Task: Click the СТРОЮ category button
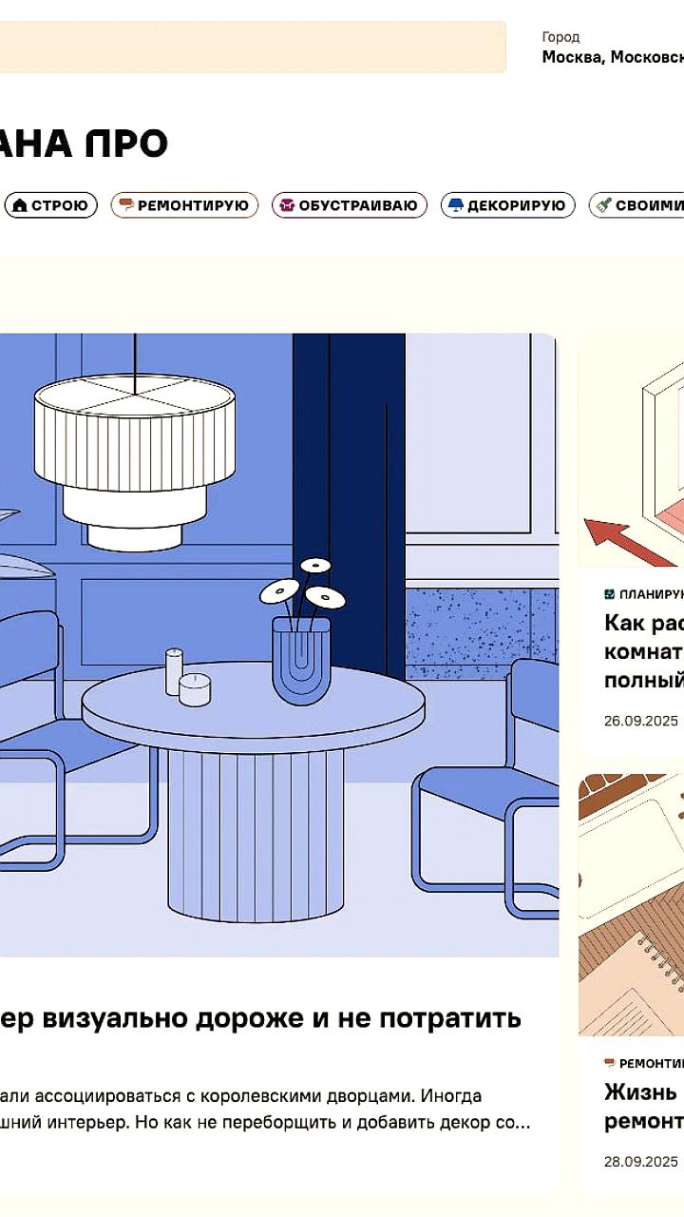click(x=51, y=205)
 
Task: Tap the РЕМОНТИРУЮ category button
click(x=184, y=205)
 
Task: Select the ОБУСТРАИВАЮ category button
click(x=349, y=205)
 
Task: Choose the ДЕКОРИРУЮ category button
click(x=507, y=205)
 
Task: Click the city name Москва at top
click(x=572, y=57)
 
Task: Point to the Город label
click(x=560, y=37)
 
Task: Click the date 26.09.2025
click(x=641, y=721)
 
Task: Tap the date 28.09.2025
click(x=641, y=1161)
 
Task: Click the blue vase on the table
click(x=300, y=660)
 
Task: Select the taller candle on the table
click(x=174, y=671)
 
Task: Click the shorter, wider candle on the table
click(x=195, y=689)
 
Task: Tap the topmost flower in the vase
click(x=315, y=565)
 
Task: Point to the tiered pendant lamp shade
click(x=135, y=447)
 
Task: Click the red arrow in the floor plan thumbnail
click(x=617, y=542)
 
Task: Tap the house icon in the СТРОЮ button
click(x=19, y=205)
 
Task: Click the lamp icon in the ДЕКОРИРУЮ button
click(x=455, y=205)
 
